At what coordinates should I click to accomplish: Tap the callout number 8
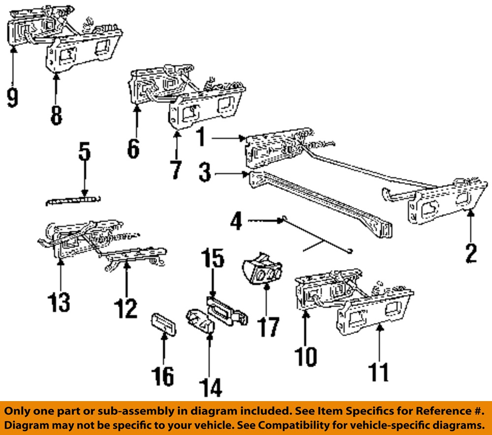(56, 116)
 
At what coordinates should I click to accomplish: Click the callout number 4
(237, 221)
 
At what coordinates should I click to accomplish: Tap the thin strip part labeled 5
(73, 201)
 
